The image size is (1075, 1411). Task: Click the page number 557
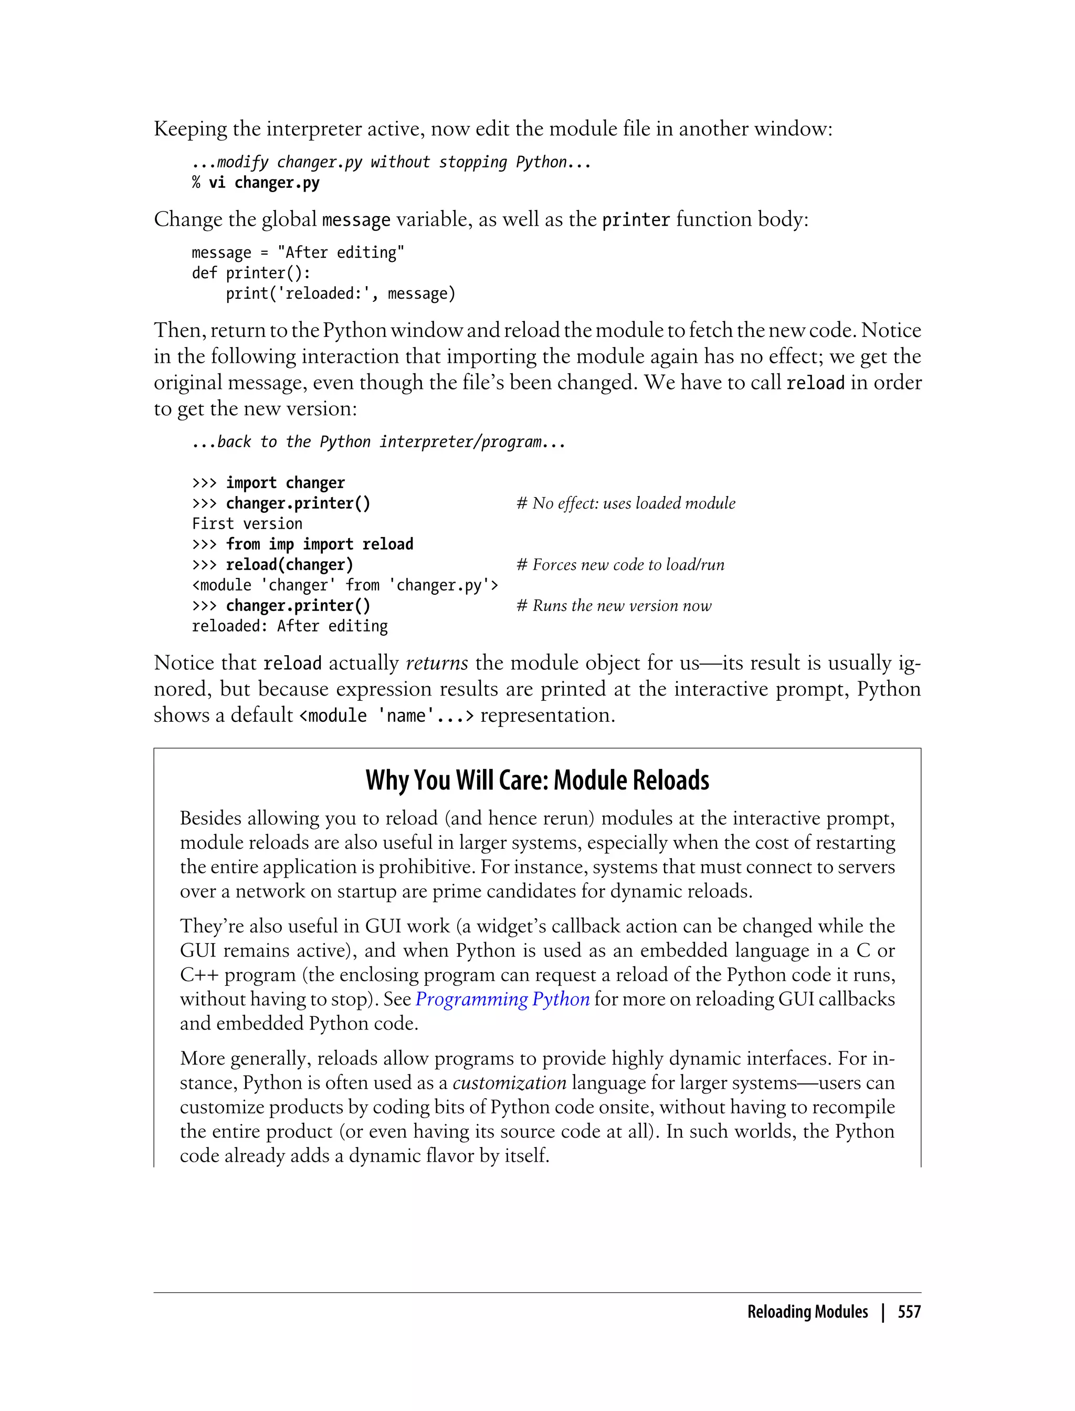[x=909, y=1312]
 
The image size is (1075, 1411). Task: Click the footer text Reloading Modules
[x=807, y=1312]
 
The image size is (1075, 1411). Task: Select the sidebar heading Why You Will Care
[x=537, y=781]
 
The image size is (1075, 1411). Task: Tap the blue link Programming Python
[x=502, y=999]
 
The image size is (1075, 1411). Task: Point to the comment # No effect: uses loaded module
[x=626, y=503]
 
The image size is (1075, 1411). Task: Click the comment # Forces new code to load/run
[x=620, y=565]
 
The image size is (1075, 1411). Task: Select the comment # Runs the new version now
[x=614, y=606]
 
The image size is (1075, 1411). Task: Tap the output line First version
[x=247, y=524]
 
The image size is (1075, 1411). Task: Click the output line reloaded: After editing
[x=289, y=626]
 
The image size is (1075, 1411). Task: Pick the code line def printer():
[x=251, y=273]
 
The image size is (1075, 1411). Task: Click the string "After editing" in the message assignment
[x=341, y=253]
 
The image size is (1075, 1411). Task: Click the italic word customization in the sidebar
[x=509, y=1083]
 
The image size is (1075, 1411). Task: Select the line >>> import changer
[x=268, y=483]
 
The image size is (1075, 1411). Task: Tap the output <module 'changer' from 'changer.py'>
[x=345, y=585]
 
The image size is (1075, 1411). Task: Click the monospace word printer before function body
[x=636, y=220]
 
